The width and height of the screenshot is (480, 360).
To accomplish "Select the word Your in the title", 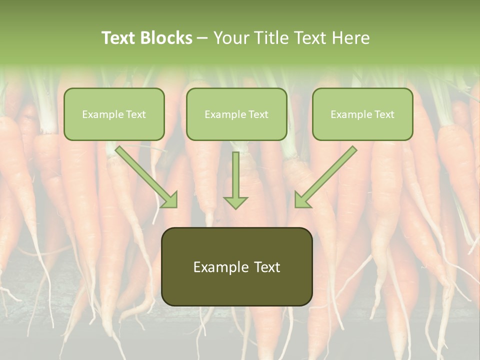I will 231,38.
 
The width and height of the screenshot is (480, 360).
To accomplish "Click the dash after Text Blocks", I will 202,38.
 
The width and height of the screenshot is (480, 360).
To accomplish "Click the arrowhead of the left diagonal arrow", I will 169,200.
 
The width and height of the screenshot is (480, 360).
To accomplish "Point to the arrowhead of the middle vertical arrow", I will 235,202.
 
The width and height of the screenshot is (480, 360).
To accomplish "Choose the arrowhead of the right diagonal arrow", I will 302,200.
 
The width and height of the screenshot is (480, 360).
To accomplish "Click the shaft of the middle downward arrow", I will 235,172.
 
